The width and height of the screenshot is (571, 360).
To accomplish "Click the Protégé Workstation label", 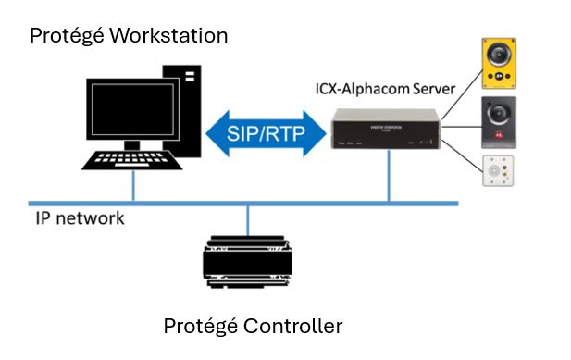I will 129,36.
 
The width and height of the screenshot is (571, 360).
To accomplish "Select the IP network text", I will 80,219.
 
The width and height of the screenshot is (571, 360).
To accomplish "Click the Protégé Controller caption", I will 253,326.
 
